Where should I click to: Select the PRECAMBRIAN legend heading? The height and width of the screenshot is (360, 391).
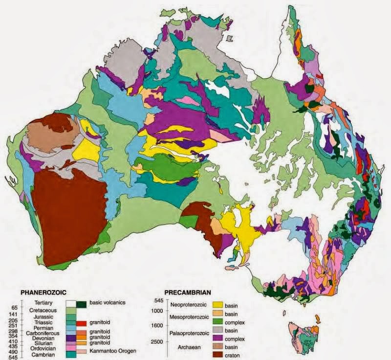pos(188,292)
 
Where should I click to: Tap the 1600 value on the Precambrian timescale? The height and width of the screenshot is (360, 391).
pos(156,325)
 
